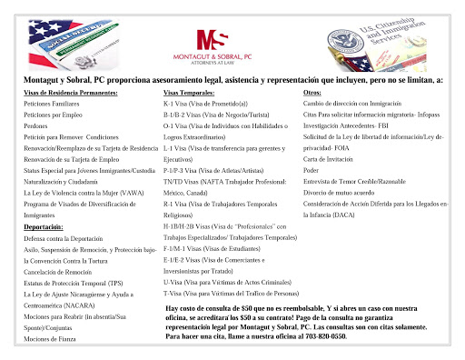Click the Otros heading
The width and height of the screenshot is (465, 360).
click(312, 94)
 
